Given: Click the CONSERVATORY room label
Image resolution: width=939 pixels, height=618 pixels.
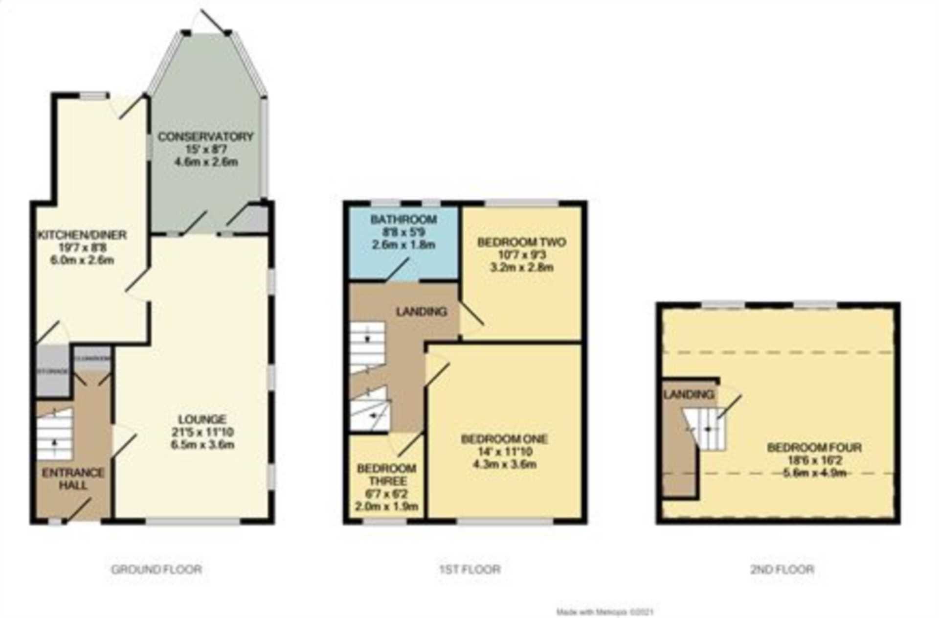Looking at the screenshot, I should click(205, 137).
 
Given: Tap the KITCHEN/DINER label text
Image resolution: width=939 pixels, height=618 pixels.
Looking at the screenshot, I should click(82, 235).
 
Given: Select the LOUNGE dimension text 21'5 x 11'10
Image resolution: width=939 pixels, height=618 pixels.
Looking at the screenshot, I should click(202, 432).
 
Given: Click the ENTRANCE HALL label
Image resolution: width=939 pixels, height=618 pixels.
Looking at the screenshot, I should click(73, 479).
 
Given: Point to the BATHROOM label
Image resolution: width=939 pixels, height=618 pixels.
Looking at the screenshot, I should click(403, 219).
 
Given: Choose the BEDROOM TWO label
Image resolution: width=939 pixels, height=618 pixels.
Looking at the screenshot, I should click(521, 242).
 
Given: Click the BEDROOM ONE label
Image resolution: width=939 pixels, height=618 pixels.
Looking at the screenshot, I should click(504, 439).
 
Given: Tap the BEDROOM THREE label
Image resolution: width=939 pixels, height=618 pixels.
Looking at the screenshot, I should click(386, 475).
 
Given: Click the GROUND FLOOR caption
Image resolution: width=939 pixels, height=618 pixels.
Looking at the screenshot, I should click(156, 570).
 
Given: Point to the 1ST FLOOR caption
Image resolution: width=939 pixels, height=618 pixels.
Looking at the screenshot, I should click(469, 570).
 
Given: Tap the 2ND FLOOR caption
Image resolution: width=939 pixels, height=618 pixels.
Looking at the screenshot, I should click(782, 570).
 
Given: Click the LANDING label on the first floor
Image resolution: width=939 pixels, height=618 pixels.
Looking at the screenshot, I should click(421, 311).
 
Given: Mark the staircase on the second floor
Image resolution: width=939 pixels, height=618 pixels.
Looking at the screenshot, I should click(707, 430).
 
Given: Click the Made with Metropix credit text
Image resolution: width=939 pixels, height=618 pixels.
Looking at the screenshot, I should click(605, 612).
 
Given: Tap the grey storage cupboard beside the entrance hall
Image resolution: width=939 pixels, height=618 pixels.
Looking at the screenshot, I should click(53, 370).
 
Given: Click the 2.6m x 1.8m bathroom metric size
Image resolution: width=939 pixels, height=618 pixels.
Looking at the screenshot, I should click(403, 245).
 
